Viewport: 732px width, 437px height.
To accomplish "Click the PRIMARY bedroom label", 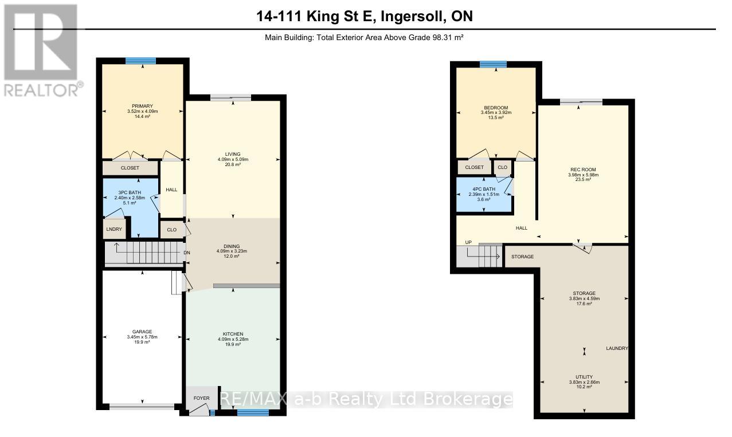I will click(142, 105).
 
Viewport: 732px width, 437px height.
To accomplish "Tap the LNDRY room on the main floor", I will click(113, 229).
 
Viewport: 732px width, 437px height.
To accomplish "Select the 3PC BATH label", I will click(131, 192).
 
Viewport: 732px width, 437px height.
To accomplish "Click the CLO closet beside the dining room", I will click(171, 229).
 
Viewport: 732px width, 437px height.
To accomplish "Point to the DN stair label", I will click(187, 253).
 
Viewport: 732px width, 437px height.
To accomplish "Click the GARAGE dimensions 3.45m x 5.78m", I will click(142, 337).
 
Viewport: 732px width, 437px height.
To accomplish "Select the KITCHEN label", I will click(233, 334).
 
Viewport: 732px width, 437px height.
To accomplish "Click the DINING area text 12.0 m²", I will click(233, 257).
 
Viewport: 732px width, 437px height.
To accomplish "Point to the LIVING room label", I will click(233, 153).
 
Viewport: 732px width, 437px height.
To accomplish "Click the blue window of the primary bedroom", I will click(140, 61).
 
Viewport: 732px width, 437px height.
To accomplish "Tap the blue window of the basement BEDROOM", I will click(494, 64).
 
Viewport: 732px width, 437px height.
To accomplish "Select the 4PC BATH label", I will click(484, 189).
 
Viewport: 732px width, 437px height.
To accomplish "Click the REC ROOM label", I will click(583, 170).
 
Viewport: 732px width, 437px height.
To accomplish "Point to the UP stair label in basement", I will click(468, 242).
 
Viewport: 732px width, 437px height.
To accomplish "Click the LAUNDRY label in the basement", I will click(617, 348).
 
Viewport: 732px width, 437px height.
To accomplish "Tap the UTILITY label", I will click(584, 377).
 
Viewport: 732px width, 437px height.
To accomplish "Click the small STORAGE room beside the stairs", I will click(522, 257).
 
